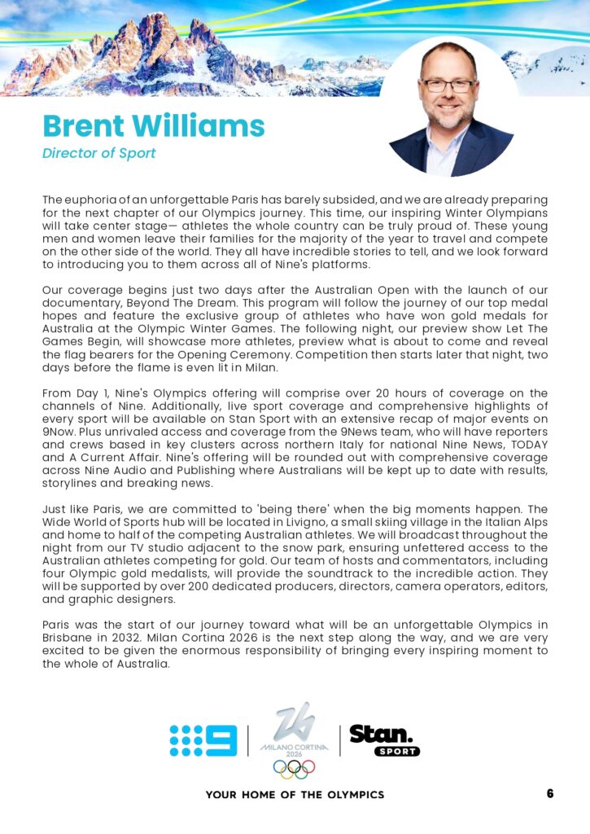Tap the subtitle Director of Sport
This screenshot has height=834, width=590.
coord(98,153)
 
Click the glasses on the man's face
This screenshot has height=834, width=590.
coord(448,86)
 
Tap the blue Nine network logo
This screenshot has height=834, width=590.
coord(203,740)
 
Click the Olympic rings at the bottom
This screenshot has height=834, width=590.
coord(294,768)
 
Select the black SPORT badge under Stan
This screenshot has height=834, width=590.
coord(397,751)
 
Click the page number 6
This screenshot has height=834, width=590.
coord(550,793)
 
